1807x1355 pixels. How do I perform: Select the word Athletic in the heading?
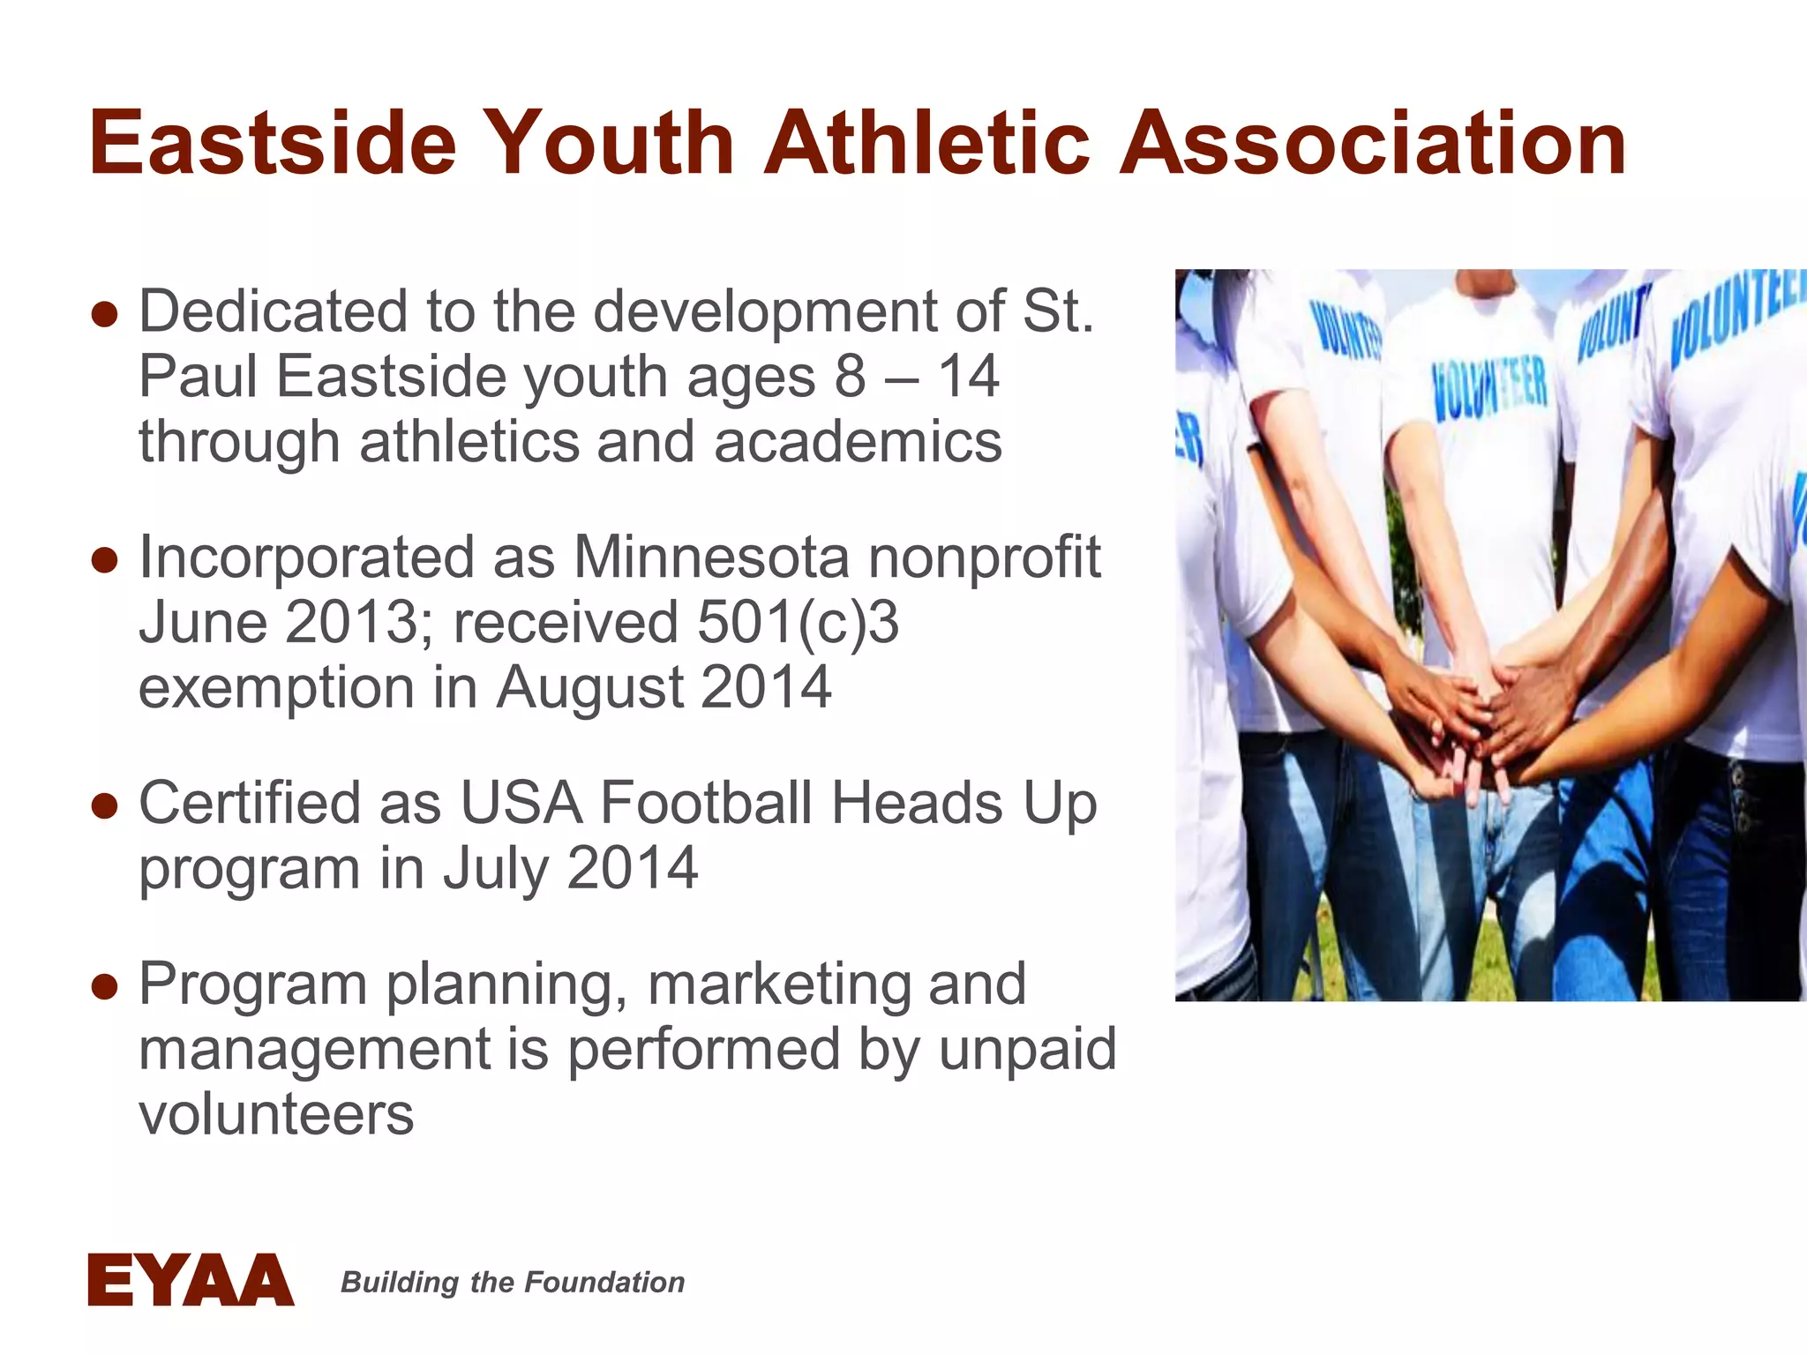point(926,144)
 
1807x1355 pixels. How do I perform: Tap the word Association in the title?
point(1372,144)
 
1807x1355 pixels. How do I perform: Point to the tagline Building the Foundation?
point(513,1282)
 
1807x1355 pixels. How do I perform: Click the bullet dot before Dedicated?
point(104,314)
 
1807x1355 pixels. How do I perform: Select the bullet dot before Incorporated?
point(104,560)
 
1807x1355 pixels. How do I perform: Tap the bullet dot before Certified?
point(104,805)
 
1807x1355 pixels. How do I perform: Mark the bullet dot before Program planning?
point(104,986)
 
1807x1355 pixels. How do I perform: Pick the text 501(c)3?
point(798,622)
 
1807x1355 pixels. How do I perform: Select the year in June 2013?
point(351,622)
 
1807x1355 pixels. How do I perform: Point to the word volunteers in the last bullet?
point(276,1114)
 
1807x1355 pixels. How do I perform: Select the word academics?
point(858,442)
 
